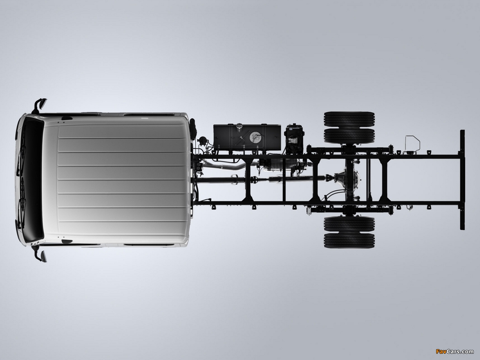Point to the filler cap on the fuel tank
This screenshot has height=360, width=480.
coord(239,126)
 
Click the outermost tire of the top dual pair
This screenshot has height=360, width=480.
coord(349,119)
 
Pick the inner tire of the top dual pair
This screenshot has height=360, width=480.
coord(349,136)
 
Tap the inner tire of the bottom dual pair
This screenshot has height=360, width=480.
coord(349,224)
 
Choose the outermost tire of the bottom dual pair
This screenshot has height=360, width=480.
coord(349,241)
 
